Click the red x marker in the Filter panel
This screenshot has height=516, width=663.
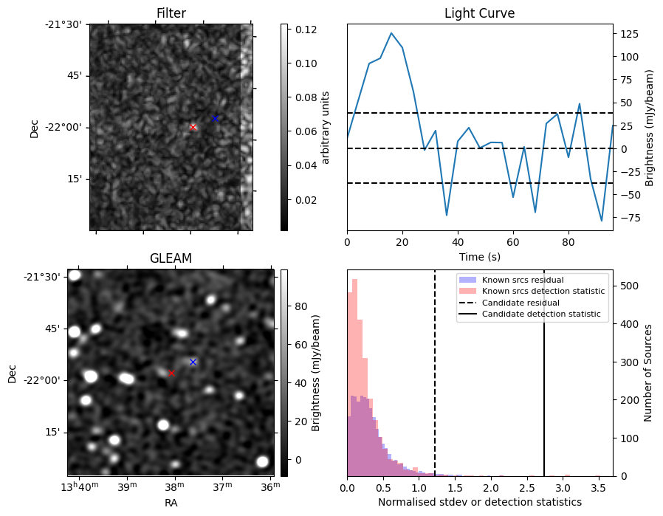(193, 127)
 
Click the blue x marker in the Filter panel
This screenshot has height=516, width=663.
(215, 118)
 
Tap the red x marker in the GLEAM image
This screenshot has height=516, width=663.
(171, 373)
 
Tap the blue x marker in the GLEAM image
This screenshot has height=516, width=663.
(193, 362)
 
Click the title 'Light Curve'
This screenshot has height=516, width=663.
(479, 14)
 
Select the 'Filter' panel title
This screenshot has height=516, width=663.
(171, 14)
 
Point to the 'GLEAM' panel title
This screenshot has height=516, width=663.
(171, 258)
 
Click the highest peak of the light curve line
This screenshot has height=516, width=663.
(391, 33)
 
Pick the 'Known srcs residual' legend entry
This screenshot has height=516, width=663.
(522, 280)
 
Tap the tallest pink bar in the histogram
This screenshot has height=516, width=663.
(355, 376)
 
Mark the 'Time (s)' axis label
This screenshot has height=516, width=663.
(479, 258)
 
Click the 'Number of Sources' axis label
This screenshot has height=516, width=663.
(648, 372)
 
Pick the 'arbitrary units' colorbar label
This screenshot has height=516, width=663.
(326, 127)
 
